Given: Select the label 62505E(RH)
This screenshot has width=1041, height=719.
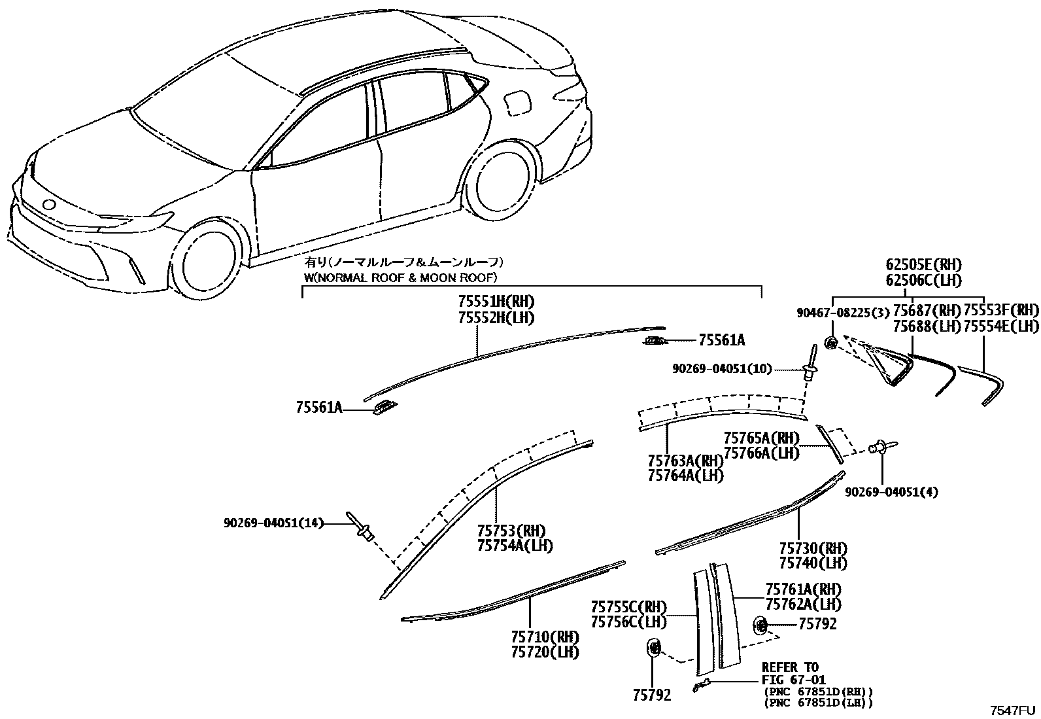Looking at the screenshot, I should tap(924, 265).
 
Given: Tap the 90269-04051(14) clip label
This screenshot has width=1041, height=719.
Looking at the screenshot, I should tap(273, 523).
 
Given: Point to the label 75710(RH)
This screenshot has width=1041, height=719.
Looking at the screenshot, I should tap(545, 637).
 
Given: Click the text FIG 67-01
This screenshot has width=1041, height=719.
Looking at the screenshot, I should tap(794, 680).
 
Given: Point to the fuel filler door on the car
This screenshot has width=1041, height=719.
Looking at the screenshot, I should tap(518, 103).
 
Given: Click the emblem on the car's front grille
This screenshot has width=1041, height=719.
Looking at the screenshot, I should tap(49, 205).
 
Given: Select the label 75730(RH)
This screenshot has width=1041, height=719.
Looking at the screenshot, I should tap(813, 548).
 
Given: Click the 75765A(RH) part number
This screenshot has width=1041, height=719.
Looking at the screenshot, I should tap(761, 438).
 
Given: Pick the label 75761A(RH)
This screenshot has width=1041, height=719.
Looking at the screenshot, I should tap(803, 589).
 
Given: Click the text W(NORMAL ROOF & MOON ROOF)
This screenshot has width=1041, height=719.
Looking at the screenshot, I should tap(401, 277).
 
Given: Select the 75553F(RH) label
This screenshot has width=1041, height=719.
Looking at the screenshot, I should tap(1001, 310).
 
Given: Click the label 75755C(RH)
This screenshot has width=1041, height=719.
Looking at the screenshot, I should tap(628, 607).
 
